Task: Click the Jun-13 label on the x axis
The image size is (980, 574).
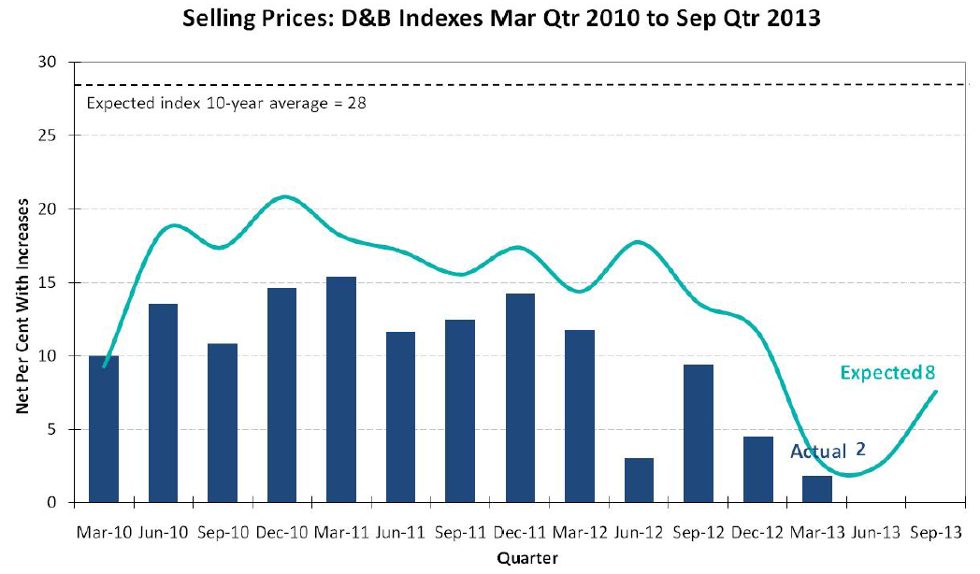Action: pyautogui.click(x=875, y=532)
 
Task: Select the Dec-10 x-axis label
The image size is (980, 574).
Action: pyautogui.click(x=281, y=532)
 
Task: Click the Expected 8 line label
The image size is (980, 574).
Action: pyautogui.click(x=887, y=372)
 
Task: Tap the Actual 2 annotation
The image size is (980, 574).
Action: pyautogui.click(x=828, y=451)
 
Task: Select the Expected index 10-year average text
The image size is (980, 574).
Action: pyautogui.click(x=225, y=103)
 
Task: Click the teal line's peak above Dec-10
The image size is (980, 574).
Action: pyautogui.click(x=283, y=196)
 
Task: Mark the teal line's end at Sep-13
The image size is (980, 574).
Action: pyautogui.click(x=936, y=392)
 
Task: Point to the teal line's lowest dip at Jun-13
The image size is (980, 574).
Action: pyautogui.click(x=849, y=475)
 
